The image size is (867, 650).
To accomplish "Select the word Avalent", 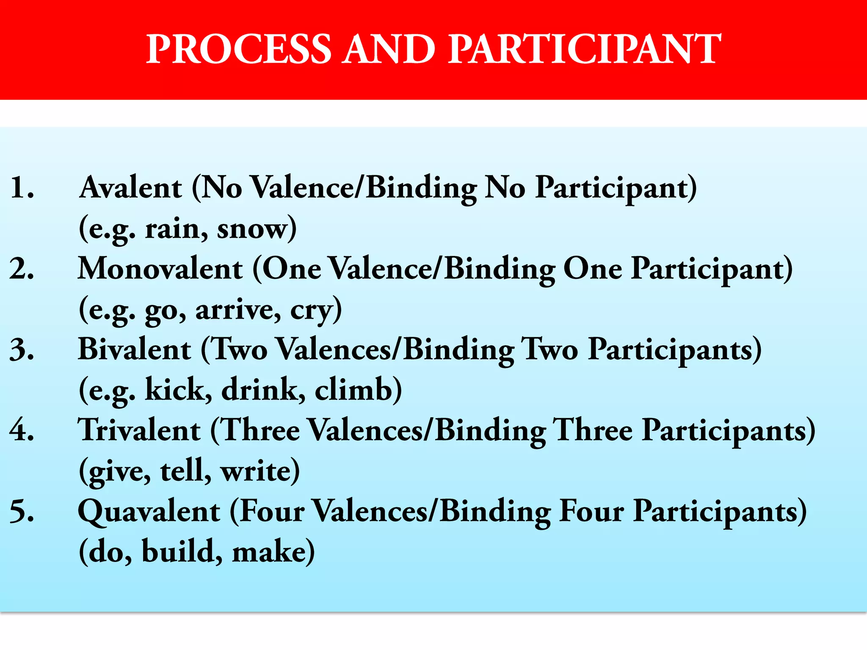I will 131,187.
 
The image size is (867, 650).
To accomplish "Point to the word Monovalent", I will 160,269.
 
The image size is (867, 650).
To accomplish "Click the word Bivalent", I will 135,350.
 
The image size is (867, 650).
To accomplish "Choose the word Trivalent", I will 139,430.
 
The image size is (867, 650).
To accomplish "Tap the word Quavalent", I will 149,511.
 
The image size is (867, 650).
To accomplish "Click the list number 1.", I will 22,187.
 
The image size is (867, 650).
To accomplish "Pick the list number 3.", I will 22,350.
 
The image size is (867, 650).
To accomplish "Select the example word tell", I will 185,470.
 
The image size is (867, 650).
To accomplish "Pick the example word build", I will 181,551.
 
